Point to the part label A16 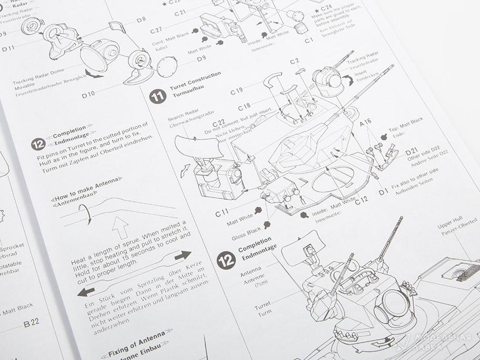[366, 122]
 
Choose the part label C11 [222, 213]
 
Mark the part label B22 [31, 324]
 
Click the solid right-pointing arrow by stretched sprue [182, 256]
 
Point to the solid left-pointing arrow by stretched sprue [85, 291]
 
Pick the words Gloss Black [246, 230]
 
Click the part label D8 [141, 20]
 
